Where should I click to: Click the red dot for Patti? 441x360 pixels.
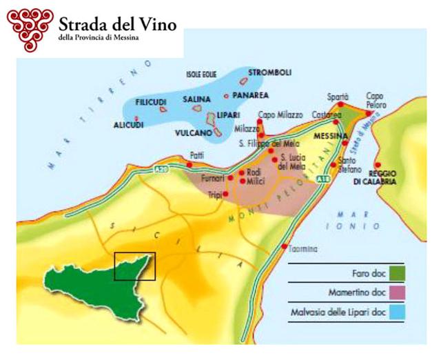pos(190,165)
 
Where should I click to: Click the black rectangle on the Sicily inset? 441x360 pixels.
pos(135,266)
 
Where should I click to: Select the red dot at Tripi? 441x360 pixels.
pos(225,194)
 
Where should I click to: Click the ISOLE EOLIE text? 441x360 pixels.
pos(202,74)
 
